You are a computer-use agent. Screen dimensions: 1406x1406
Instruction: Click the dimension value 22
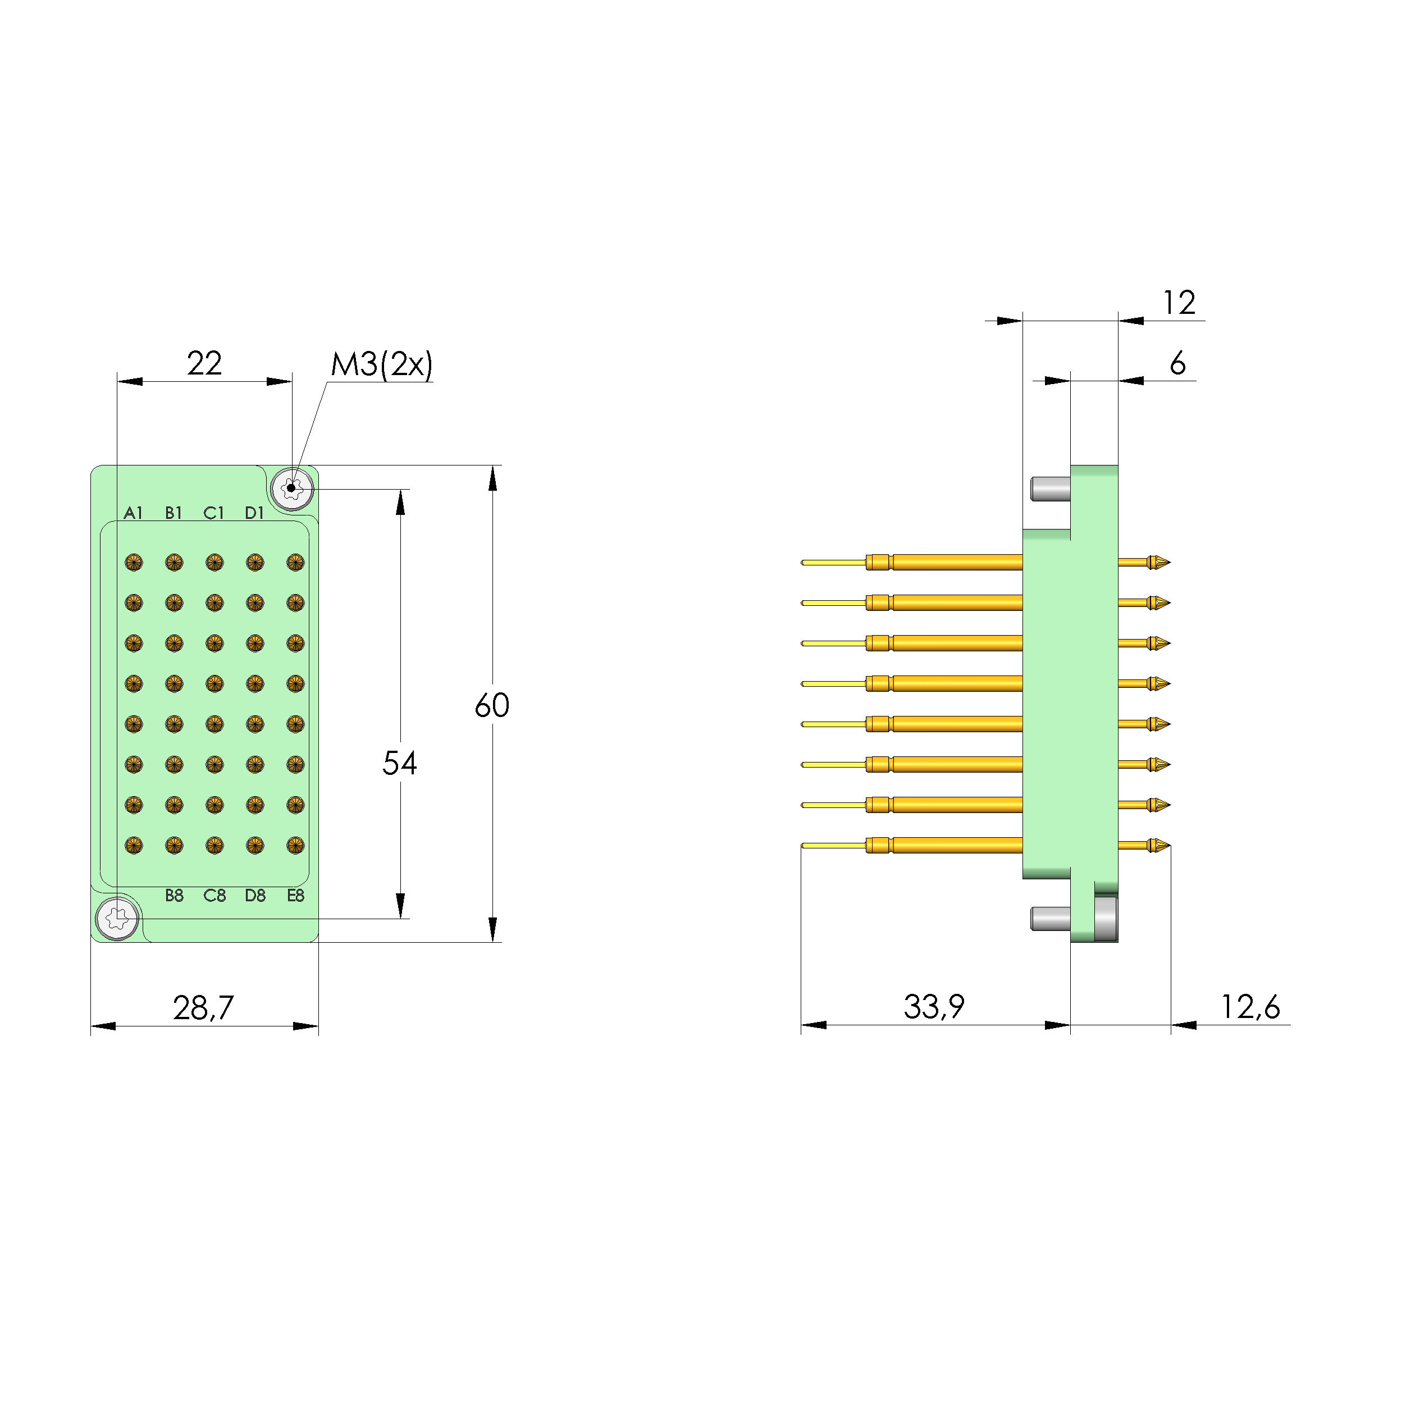point(204,363)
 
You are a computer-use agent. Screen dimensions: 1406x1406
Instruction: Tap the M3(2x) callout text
point(381,364)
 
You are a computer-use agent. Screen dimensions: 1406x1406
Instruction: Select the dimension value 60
point(491,705)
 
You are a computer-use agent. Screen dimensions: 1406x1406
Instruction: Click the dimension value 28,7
point(203,1008)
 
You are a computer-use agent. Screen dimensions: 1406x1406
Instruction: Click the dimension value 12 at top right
point(1178,303)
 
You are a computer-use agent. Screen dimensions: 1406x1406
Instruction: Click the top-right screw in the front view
point(292,489)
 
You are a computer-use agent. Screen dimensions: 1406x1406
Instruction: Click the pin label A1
point(133,513)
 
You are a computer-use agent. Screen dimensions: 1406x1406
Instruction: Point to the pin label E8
point(295,896)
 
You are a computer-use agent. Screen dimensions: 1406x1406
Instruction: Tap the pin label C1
point(214,513)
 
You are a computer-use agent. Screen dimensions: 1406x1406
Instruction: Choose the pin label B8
point(174,896)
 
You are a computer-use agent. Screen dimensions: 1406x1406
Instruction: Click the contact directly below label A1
point(133,563)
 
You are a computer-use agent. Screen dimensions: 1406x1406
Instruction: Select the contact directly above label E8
point(295,845)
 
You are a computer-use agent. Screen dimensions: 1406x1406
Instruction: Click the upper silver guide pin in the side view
point(1050,489)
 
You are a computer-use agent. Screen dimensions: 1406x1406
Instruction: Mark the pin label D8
point(255,896)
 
